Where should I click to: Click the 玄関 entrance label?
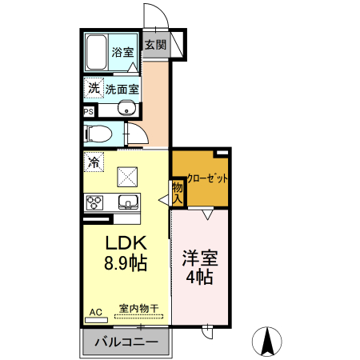click(155, 46)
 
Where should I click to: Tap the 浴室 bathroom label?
click(122, 52)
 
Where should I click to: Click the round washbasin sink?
click(126, 110)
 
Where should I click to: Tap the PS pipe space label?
click(88, 112)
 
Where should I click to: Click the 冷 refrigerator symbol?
click(94, 162)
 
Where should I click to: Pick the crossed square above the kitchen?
click(126, 175)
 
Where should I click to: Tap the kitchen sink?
click(127, 202)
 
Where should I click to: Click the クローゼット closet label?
click(206, 178)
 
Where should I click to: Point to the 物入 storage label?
click(177, 192)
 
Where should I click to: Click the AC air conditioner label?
click(95, 310)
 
